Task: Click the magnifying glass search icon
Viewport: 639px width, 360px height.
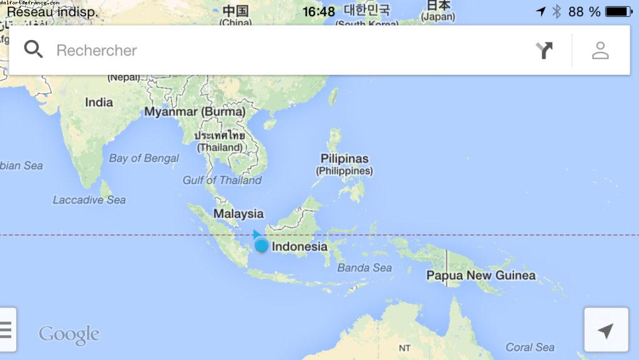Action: pyautogui.click(x=33, y=49)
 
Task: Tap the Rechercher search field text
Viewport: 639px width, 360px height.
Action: pyautogui.click(x=96, y=51)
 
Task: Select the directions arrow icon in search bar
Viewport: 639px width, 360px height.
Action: pyautogui.click(x=544, y=50)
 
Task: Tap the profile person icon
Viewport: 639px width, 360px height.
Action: pyautogui.click(x=600, y=50)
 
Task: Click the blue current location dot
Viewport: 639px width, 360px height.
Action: pyautogui.click(x=261, y=245)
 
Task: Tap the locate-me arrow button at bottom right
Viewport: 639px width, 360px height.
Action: pyautogui.click(x=605, y=330)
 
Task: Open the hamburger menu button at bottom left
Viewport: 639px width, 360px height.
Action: pyautogui.click(x=6, y=329)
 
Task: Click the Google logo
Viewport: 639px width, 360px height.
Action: pyautogui.click(x=69, y=334)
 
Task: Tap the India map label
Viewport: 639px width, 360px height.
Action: pyautogui.click(x=99, y=102)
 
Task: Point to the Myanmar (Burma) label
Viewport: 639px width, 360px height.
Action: pyautogui.click(x=195, y=112)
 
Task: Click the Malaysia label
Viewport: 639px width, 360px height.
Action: pyautogui.click(x=238, y=213)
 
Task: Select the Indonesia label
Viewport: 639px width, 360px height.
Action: pyautogui.click(x=300, y=246)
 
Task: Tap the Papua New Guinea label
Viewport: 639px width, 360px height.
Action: pyautogui.click(x=480, y=275)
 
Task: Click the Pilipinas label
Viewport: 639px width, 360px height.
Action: pyautogui.click(x=344, y=158)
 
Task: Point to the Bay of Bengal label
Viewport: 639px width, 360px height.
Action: pyautogui.click(x=144, y=158)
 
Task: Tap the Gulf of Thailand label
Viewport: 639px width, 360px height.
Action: pyautogui.click(x=222, y=180)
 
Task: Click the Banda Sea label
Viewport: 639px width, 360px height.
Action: pyautogui.click(x=364, y=268)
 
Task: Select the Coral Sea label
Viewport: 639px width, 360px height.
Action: pyautogui.click(x=530, y=347)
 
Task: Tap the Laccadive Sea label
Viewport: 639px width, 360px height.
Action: pyautogui.click(x=89, y=200)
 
